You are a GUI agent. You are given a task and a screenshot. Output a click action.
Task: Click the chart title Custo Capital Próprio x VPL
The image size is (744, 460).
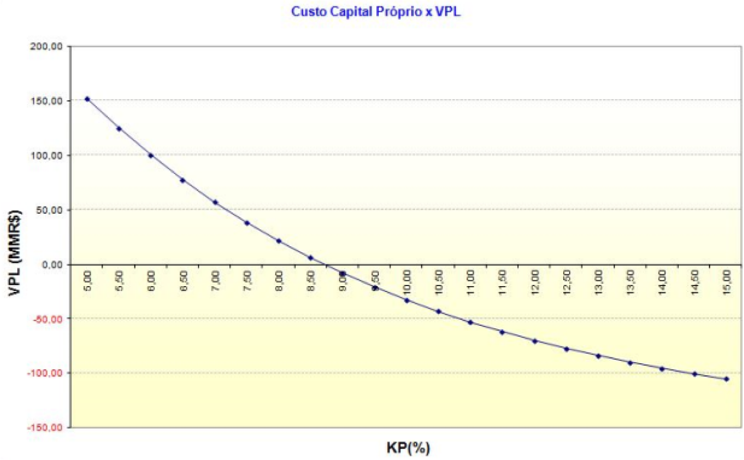coord(376,12)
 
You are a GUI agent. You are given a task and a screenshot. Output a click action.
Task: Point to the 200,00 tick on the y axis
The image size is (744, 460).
coord(50,46)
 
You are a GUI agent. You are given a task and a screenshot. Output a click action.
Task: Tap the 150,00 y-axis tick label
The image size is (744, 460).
coord(50,101)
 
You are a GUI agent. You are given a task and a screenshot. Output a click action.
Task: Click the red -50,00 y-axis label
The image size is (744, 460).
coord(50,319)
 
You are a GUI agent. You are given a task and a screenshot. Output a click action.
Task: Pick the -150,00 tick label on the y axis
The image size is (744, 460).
coord(49,428)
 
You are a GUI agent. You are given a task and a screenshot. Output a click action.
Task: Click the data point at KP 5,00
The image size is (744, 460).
coord(87,99)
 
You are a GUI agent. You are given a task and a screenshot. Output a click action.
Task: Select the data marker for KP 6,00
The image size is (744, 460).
coord(151,156)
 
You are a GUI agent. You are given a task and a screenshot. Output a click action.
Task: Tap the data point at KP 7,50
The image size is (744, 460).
coord(247,223)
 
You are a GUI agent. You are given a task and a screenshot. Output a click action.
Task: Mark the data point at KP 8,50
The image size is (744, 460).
coord(311,258)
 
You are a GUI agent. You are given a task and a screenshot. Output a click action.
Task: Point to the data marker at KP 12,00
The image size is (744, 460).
coord(535,341)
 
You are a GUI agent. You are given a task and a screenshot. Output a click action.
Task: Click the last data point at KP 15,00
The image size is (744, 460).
coord(727,379)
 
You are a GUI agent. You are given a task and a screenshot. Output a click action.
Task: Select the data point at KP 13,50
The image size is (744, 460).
coord(631,362)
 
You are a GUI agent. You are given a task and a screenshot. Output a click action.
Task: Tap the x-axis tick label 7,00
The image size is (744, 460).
coord(216,279)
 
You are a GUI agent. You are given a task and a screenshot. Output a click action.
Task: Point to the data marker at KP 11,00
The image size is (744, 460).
coord(471,322)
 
